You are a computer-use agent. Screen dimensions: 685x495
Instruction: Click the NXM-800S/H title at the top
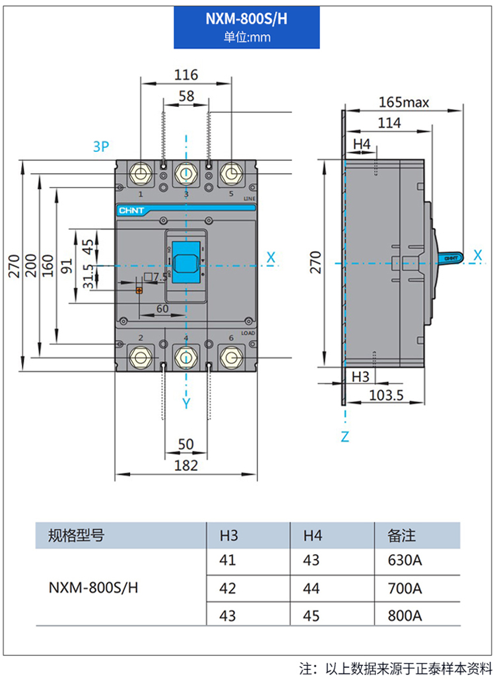point(246,19)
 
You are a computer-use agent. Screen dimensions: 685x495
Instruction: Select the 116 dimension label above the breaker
point(186,75)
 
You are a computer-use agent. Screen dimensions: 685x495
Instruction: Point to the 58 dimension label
point(186,96)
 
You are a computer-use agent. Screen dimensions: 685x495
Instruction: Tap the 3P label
point(100,146)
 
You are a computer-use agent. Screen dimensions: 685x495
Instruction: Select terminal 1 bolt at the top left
point(141,174)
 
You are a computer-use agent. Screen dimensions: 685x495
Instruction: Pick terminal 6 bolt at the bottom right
point(231,357)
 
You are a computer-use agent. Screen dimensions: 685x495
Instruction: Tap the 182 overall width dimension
point(186,466)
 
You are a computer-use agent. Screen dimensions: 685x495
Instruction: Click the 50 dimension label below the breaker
point(186,445)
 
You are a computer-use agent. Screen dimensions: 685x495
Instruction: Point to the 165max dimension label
point(404,102)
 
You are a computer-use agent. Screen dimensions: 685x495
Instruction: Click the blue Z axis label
point(345,437)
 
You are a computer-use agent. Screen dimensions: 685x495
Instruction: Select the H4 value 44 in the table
point(311,588)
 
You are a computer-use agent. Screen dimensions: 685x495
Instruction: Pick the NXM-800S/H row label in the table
point(94,588)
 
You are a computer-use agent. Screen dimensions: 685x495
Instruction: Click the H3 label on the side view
point(360,377)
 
